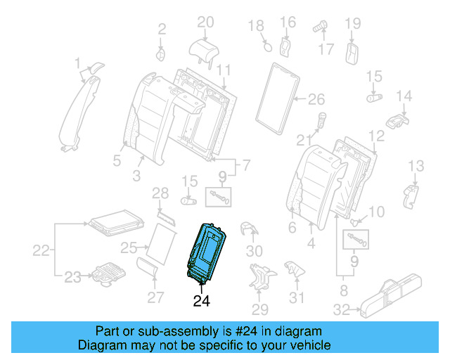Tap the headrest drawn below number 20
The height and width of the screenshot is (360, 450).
(205, 48)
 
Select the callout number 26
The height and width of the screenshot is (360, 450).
(316, 98)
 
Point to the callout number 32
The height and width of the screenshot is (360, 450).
(341, 309)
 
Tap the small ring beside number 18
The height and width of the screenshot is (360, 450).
(266, 47)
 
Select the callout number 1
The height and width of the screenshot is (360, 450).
(78, 65)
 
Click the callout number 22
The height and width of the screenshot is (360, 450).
(42, 250)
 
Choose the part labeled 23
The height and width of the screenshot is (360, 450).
(105, 271)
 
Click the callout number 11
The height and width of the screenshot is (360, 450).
(224, 70)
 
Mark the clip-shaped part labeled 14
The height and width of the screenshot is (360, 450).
(398, 118)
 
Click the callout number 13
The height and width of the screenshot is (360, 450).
(416, 166)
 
